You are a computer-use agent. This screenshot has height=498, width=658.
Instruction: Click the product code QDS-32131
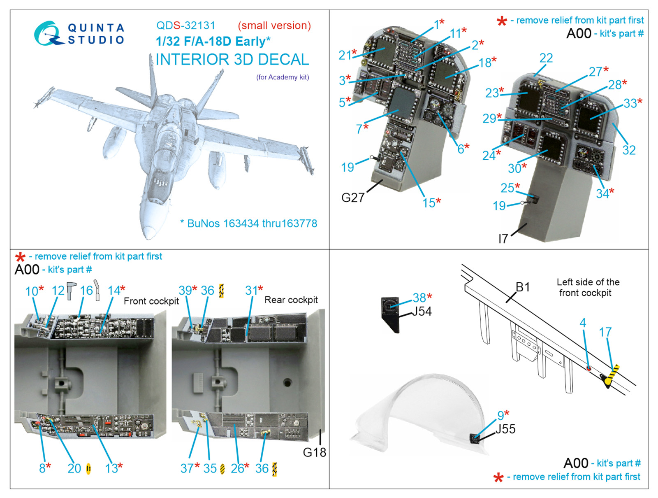tap(186, 26)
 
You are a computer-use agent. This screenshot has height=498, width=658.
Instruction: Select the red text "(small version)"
tap(274, 26)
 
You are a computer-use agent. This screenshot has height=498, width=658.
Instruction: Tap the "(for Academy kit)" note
tap(283, 77)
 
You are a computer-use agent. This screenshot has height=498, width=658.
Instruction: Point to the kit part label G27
tap(353, 198)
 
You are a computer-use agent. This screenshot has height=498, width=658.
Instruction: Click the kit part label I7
tap(503, 238)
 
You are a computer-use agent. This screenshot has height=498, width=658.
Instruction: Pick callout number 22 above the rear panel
tap(546, 58)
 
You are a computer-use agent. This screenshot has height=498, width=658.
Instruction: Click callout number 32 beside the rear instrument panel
tap(629, 150)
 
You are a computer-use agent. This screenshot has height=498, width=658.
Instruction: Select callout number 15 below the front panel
tap(429, 203)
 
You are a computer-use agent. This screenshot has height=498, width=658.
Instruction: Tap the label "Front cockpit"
tap(151, 301)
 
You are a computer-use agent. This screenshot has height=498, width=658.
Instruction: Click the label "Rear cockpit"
tap(291, 300)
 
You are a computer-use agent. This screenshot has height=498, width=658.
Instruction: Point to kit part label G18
tap(315, 452)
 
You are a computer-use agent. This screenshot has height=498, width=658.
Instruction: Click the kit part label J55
tap(505, 429)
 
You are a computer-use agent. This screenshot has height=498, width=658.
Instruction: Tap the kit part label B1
tap(523, 287)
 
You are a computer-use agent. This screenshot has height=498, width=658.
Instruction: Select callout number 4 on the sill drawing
tap(583, 323)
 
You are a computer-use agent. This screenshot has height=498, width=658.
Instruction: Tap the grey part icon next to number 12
tap(71, 291)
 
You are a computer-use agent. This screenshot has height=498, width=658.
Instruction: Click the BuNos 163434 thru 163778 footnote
tap(248, 223)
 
